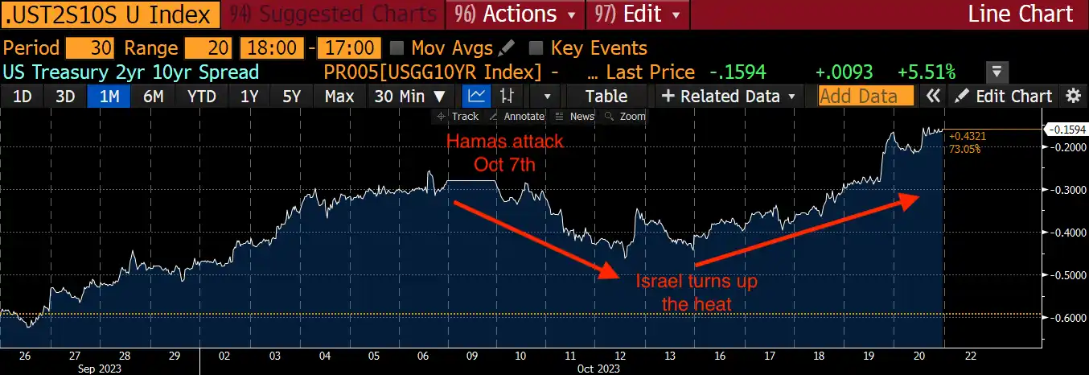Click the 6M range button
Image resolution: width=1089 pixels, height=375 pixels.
153,97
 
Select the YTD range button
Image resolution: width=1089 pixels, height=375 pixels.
201,97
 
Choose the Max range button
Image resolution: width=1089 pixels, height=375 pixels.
339,97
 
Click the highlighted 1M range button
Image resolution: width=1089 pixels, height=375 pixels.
109,97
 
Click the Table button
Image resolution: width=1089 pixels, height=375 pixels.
606,97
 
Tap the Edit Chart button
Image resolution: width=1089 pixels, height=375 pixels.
1005,97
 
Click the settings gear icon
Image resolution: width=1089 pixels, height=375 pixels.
1073,97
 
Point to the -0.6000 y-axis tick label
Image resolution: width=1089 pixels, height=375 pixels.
1064,318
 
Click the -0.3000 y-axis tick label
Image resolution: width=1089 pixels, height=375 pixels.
1064,190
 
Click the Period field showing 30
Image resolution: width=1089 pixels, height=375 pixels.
89,48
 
